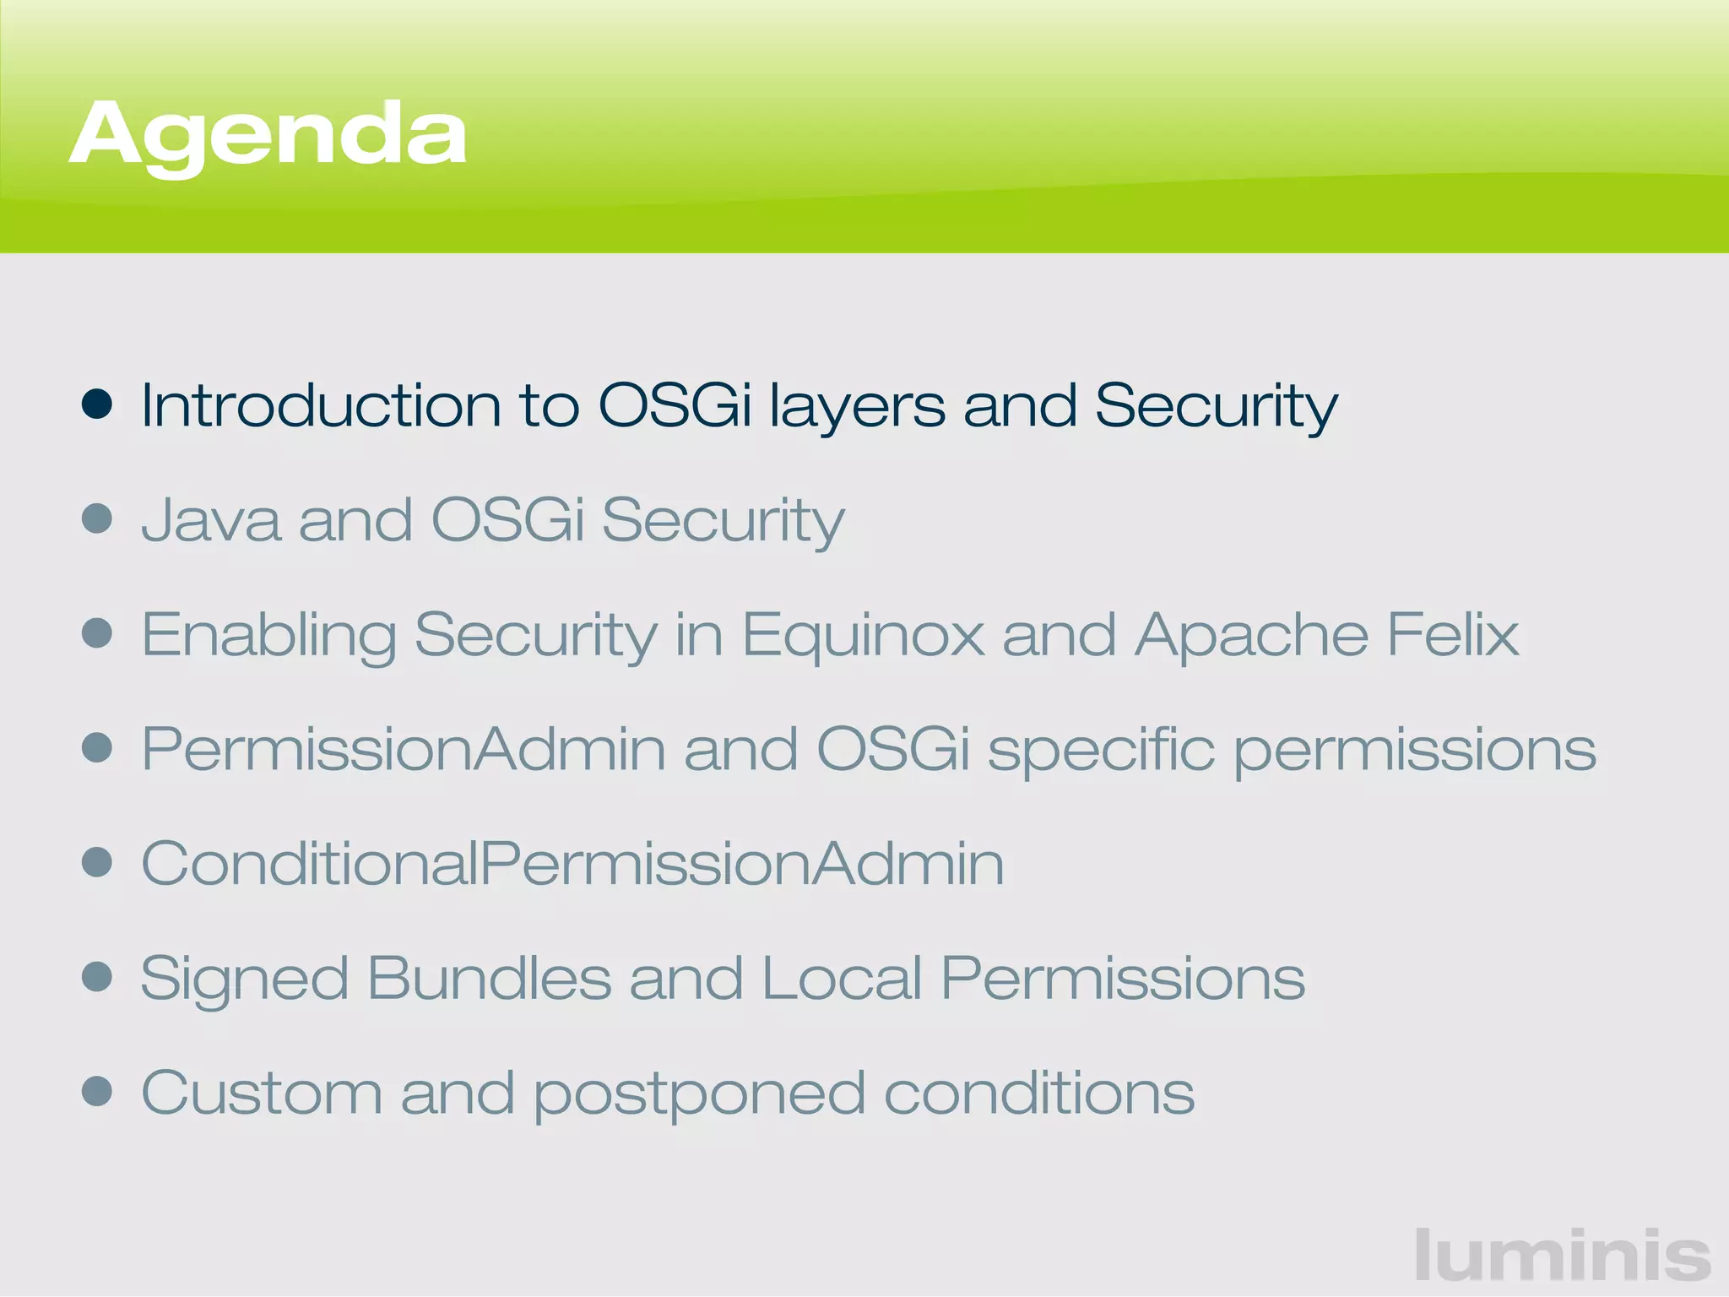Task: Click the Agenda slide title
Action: (268, 135)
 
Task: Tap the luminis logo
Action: (1562, 1255)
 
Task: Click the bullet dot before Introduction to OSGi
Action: (97, 404)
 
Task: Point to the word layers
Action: (857, 408)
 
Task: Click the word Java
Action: (210, 520)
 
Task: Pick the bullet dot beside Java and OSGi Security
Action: (97, 518)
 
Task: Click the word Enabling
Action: (268, 636)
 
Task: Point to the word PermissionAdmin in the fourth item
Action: (404, 749)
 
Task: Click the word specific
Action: (1101, 751)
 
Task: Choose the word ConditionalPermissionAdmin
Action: (572, 864)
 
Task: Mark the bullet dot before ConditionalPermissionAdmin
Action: (97, 862)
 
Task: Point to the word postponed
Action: (700, 1095)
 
